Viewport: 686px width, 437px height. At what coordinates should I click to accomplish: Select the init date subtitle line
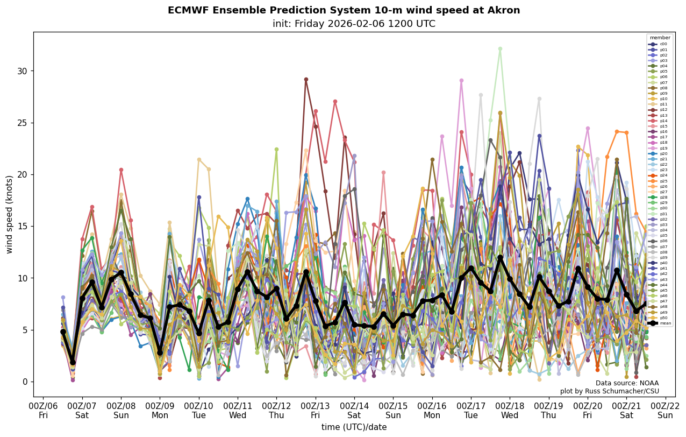(x=354, y=24)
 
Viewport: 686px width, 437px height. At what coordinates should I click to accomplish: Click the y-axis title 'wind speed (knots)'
(x=10, y=214)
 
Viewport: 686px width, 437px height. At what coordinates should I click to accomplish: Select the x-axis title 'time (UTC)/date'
(x=354, y=427)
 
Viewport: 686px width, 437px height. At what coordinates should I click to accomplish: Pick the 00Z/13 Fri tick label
(x=315, y=411)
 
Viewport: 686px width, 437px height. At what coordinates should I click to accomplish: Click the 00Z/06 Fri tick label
(x=43, y=411)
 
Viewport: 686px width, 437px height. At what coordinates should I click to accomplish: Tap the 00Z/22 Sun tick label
(x=666, y=411)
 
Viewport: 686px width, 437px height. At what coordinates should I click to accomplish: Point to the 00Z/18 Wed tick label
(x=510, y=411)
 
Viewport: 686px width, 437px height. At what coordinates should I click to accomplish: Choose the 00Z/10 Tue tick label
(x=198, y=411)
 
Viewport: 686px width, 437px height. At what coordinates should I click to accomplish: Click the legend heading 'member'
(x=660, y=38)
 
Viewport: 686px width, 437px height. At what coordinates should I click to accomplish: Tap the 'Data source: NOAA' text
(x=627, y=383)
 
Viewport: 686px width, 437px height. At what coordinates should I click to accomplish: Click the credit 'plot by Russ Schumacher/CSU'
(x=609, y=391)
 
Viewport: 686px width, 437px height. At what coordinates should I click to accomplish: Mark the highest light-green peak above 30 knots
(x=500, y=48)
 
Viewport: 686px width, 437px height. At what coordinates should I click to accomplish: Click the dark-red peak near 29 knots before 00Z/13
(x=306, y=79)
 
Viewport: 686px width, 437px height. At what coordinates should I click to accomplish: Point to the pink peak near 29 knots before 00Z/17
(x=461, y=81)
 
